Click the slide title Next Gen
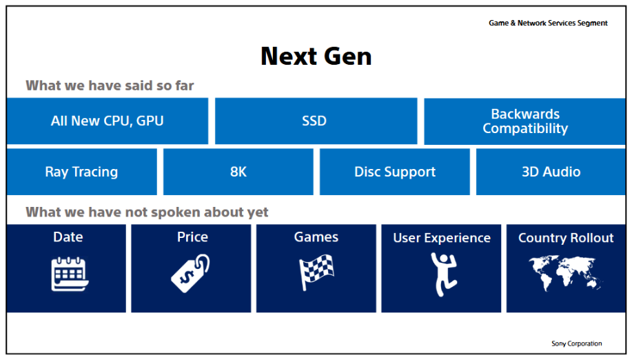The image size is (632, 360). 316,56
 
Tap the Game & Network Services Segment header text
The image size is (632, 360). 548,23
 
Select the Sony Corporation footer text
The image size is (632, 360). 576,343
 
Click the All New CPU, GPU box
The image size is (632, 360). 108,121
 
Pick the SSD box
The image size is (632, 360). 316,121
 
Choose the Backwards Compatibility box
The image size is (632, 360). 524,121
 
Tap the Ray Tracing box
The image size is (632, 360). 82,172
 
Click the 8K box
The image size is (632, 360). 238,172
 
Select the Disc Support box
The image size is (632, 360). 395,172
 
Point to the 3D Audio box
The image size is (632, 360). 551,172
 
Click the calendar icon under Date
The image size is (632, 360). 70,274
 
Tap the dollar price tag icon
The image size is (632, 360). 190,273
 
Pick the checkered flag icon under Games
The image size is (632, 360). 316,272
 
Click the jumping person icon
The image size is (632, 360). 443,274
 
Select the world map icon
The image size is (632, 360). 566,273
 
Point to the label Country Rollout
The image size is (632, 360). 566,238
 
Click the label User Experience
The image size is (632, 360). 442,238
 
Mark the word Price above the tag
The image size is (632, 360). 193,237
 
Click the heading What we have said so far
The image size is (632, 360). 110,86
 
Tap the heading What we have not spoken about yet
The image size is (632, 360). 147,212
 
